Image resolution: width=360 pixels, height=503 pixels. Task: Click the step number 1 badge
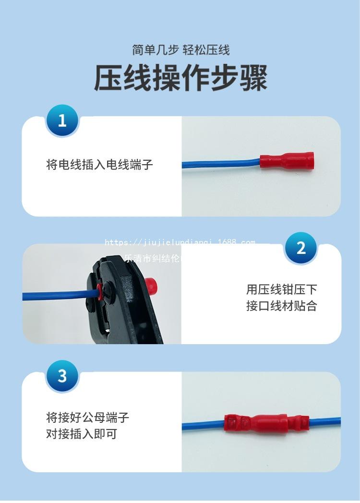coord(62,120)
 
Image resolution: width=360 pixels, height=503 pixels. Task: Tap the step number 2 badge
coord(301,248)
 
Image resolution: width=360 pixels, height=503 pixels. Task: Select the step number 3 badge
coord(62,376)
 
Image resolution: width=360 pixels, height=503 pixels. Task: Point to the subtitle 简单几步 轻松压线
coord(180,49)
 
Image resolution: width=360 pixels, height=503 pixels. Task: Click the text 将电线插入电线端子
coord(99,165)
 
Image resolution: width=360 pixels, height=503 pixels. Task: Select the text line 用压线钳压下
coord(281,289)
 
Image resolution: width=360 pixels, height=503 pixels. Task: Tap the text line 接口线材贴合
coord(281,306)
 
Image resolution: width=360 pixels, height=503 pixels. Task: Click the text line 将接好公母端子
coord(87,417)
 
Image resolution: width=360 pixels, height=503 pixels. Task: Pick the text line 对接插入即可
coord(81,434)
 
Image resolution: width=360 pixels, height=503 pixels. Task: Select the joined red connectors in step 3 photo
coord(262,423)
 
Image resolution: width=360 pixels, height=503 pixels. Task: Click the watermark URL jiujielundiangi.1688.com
coord(180,242)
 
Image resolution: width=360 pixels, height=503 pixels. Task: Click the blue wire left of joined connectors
coord(202,425)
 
